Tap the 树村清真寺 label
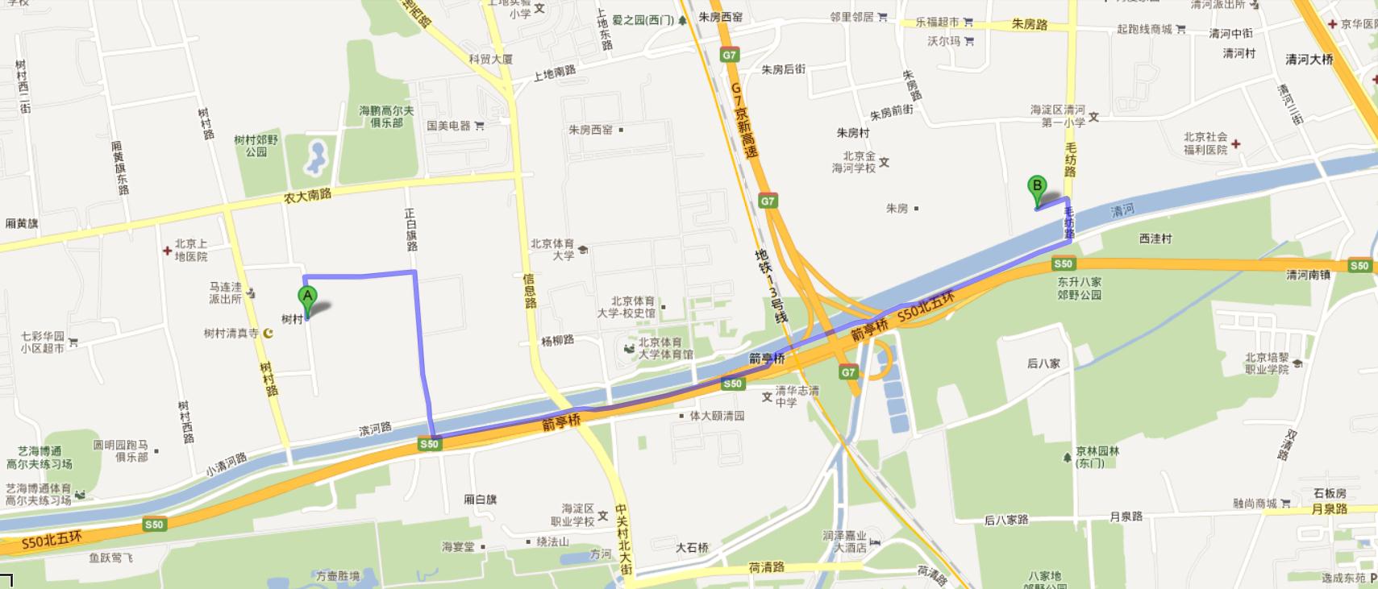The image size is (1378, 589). (x=231, y=333)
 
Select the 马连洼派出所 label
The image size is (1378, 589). (x=225, y=292)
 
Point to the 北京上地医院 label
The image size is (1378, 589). (x=191, y=250)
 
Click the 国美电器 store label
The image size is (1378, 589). (x=449, y=126)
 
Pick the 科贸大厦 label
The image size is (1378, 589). (x=491, y=59)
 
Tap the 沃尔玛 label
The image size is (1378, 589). (x=944, y=40)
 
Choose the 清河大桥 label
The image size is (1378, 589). (x=1309, y=59)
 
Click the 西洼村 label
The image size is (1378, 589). (x=1155, y=239)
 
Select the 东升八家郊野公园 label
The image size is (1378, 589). (x=1079, y=288)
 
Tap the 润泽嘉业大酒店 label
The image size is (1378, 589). (x=844, y=541)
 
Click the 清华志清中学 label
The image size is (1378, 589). (x=797, y=396)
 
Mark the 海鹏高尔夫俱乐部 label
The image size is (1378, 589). (x=386, y=116)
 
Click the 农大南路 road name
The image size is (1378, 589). (x=307, y=195)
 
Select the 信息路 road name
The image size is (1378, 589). (x=530, y=290)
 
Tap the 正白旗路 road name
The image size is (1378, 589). (x=411, y=230)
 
